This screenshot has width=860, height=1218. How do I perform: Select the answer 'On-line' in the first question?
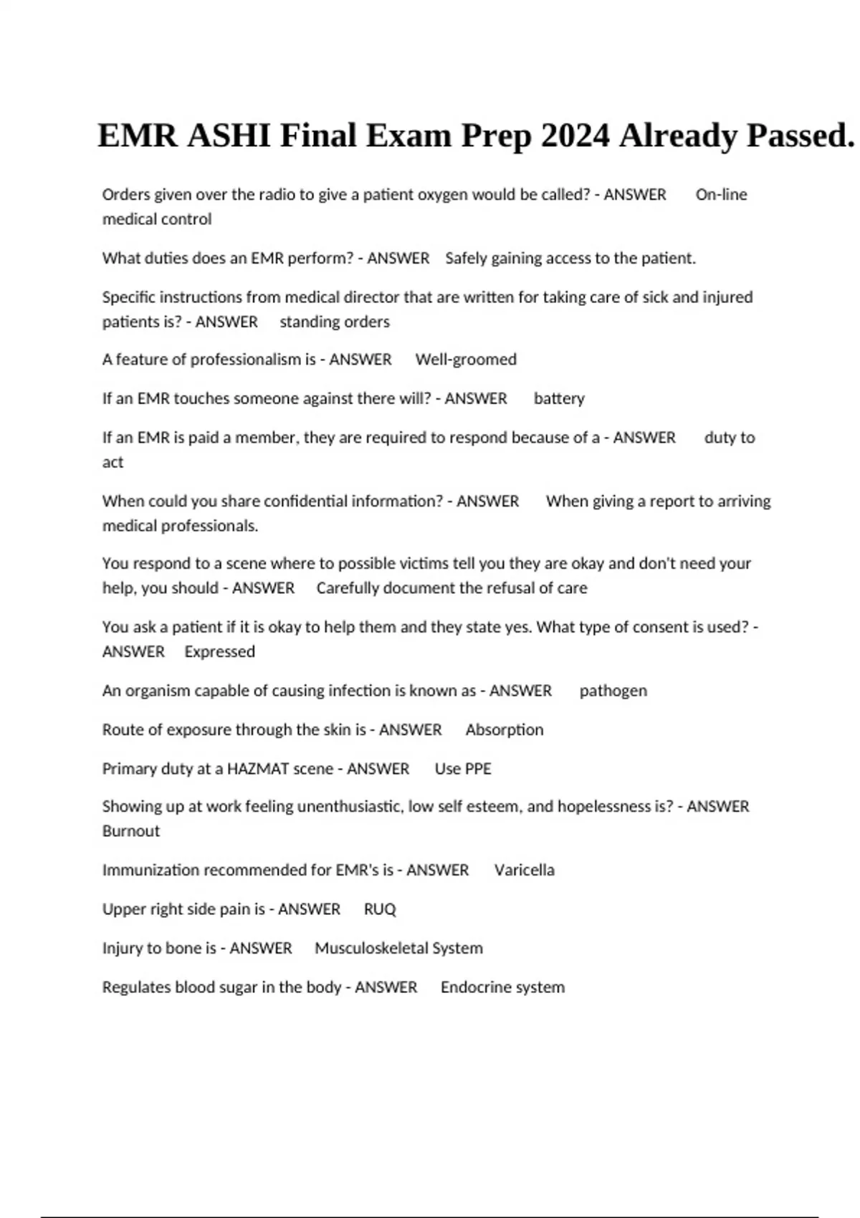tap(721, 195)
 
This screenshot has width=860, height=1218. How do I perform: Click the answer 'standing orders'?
tap(335, 322)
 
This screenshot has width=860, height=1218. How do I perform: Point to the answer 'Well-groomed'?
tap(466, 360)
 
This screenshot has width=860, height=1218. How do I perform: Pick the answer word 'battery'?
tap(559, 398)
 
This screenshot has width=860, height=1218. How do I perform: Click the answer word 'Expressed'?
tap(219, 652)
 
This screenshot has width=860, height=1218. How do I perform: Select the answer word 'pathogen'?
tap(613, 691)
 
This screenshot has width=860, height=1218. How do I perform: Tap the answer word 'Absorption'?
tap(505, 730)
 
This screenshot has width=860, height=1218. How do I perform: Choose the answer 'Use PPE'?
tap(463, 769)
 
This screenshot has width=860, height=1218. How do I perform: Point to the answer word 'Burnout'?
tap(131, 831)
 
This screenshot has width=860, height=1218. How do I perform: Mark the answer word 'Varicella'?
tap(524, 871)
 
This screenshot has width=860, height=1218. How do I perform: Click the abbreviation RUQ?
tap(380, 909)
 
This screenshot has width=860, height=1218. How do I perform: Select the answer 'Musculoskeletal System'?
tap(398, 949)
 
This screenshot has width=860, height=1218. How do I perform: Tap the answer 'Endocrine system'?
tap(502, 987)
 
